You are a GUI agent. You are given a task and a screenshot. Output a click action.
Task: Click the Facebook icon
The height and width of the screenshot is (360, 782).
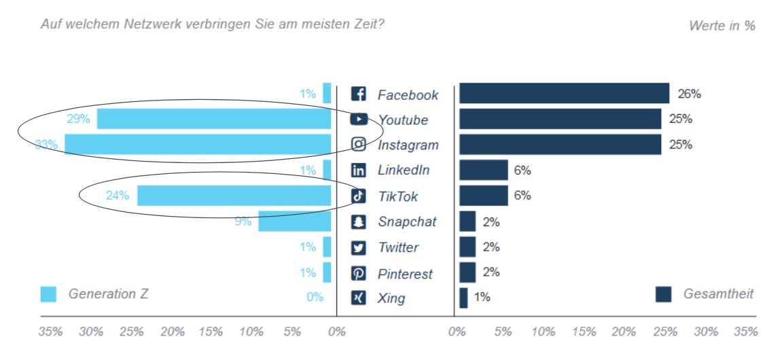358,94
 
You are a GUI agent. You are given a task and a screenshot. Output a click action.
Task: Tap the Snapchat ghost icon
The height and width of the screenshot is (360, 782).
358,222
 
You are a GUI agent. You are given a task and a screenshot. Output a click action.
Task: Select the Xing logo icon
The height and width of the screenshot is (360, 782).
358,298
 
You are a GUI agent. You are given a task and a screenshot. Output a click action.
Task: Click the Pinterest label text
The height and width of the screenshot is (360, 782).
405,274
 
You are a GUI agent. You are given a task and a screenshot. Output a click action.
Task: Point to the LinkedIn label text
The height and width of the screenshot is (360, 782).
404,170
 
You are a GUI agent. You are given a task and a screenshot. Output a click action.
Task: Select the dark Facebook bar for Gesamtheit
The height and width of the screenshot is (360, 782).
564,94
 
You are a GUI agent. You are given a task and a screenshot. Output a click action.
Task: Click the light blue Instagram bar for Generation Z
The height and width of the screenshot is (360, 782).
197,145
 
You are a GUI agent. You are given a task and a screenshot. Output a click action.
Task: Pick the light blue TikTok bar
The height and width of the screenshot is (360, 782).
234,196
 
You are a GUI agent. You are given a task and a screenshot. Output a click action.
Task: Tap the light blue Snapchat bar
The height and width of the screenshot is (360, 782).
294,221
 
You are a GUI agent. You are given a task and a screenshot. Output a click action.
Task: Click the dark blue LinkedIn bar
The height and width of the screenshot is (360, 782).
483,170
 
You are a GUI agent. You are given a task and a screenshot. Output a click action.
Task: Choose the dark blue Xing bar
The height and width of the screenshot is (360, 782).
463,298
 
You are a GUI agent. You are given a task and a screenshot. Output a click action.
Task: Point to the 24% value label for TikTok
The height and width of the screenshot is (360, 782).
117,196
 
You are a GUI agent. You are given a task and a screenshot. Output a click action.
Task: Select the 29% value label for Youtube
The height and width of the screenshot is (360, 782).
78,119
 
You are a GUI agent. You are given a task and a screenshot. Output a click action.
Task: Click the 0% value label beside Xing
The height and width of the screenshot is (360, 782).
315,297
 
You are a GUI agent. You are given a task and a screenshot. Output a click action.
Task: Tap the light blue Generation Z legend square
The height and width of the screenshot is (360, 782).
48,294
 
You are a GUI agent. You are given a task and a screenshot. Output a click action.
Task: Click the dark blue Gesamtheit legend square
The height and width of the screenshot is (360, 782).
663,294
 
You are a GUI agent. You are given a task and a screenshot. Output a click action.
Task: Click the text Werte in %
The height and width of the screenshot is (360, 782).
722,26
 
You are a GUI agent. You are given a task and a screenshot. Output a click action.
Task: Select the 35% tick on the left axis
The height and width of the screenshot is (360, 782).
51,332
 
